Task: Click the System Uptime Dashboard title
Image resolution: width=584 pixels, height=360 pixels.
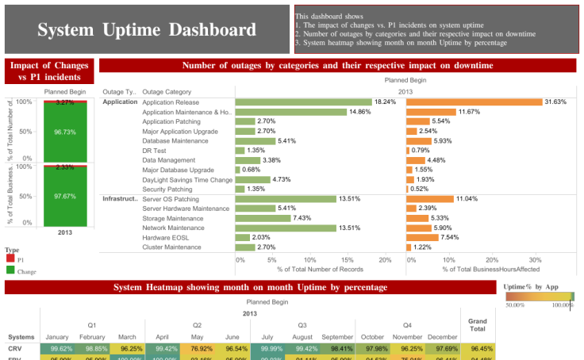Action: coord(147,30)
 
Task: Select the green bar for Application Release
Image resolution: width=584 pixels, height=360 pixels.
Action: coord(304,101)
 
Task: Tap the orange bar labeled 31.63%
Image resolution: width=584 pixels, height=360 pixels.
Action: coord(474,101)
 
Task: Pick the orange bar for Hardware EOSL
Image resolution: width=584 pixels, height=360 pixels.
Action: coord(421,237)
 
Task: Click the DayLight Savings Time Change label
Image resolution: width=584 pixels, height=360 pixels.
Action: coord(187,179)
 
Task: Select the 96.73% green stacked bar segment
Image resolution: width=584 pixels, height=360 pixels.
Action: coord(65,132)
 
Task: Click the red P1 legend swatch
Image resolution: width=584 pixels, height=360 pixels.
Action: coord(10,259)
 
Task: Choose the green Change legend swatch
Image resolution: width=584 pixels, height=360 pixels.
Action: coord(10,270)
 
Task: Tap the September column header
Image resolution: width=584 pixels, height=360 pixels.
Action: coord(338,336)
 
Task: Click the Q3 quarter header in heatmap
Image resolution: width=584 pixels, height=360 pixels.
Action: coord(302,324)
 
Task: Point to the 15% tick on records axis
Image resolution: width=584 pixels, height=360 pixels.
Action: coord(347,259)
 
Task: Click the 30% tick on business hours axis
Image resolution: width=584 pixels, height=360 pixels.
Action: coord(535,259)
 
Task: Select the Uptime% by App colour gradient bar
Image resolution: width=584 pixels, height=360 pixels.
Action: coord(539,295)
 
